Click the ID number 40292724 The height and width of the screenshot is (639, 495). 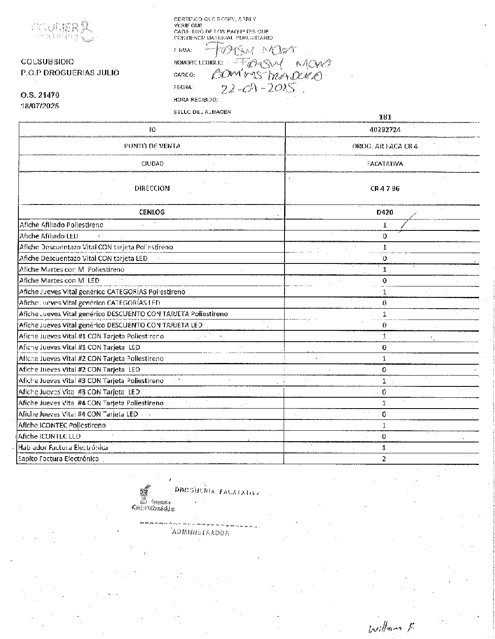coord(385,130)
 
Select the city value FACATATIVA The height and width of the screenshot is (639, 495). coord(385,164)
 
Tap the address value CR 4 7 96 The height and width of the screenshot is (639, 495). coord(385,188)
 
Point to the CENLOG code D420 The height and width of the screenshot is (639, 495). coord(385,212)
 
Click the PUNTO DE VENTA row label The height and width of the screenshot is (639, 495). coord(152,146)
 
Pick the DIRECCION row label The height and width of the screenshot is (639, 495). coord(152,188)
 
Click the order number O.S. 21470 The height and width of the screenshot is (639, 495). coord(40,95)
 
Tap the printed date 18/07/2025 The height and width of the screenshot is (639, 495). coord(40,106)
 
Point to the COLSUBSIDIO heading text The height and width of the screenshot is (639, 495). coord(47,62)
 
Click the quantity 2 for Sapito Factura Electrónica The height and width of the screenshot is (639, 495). coord(384,459)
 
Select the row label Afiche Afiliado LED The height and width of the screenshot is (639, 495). coord(49,236)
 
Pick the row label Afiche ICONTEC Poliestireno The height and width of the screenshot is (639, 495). coord(62,425)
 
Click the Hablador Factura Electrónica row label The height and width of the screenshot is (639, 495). coord(63,447)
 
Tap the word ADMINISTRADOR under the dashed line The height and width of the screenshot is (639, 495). coord(200,533)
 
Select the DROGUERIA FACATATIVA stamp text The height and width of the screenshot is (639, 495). coord(216,491)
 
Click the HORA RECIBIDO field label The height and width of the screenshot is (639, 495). coord(195,100)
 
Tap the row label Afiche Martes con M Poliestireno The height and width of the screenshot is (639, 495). coord(72,269)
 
